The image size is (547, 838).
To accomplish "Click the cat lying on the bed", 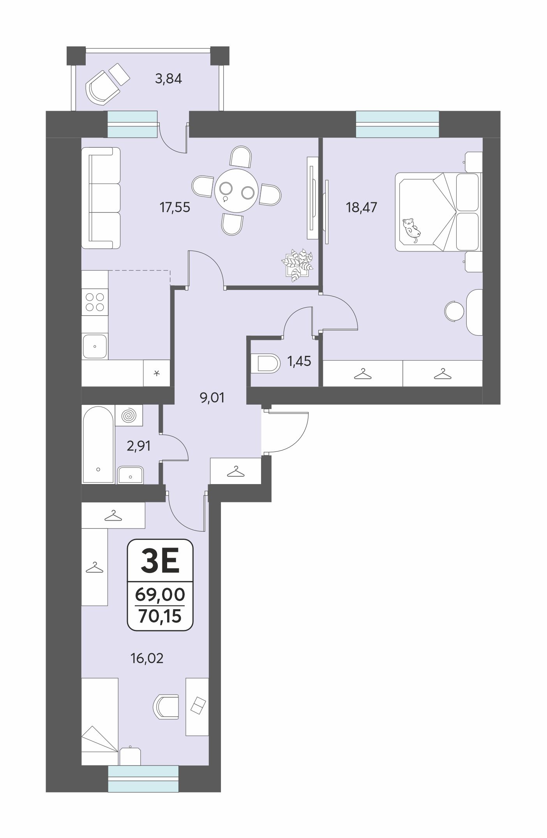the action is click(412, 230).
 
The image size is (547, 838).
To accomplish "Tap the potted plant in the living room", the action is click(298, 265).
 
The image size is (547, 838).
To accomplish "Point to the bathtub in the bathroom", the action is click(98, 444).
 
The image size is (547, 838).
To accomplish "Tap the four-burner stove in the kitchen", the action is click(95, 302).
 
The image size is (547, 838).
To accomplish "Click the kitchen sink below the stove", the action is click(95, 346).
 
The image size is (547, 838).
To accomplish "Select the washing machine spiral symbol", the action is click(129, 415).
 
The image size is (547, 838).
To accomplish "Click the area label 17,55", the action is click(175, 207).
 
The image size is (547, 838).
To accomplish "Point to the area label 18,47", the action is click(362, 207).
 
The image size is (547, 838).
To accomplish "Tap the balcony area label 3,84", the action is click(168, 79).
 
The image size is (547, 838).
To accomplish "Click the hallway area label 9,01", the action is click(212, 398).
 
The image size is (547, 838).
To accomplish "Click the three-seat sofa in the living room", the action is click(101, 198).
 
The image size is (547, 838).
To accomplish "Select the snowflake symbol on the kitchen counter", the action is click(157, 373).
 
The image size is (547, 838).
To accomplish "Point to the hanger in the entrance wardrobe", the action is click(236, 471).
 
